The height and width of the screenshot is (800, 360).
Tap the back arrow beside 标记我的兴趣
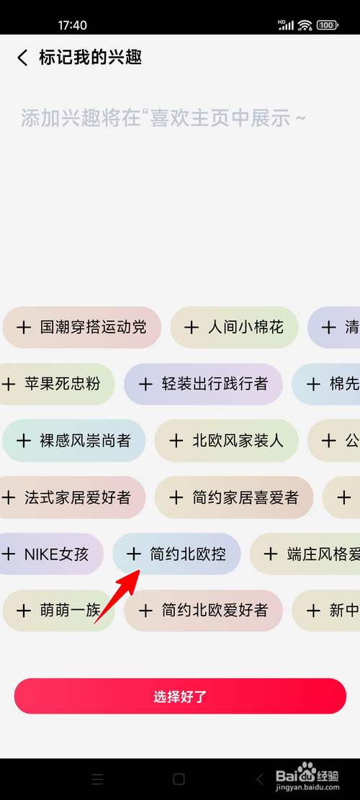point(22,58)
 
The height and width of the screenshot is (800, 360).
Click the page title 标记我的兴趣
point(90,58)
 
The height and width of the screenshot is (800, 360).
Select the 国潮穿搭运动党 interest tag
point(81,328)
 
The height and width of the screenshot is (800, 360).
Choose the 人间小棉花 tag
point(235,328)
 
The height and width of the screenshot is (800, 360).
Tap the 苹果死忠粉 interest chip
point(57,385)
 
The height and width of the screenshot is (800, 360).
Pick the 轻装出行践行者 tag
point(204,385)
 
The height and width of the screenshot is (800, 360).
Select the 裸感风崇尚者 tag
point(74,441)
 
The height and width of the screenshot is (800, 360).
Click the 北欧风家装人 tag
point(226,441)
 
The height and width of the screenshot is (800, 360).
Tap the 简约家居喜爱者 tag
point(234,498)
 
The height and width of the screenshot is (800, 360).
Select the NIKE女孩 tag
point(52,554)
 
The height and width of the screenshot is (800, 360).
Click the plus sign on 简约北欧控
point(134,554)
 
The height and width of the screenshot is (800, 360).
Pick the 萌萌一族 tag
point(58,611)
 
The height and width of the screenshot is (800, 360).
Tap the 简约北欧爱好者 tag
point(204,611)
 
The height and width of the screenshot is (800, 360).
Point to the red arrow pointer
point(117,596)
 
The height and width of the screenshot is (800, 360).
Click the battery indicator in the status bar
point(328,25)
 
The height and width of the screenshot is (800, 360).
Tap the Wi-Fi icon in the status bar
point(305,25)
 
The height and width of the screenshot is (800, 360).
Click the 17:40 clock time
point(73,25)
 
